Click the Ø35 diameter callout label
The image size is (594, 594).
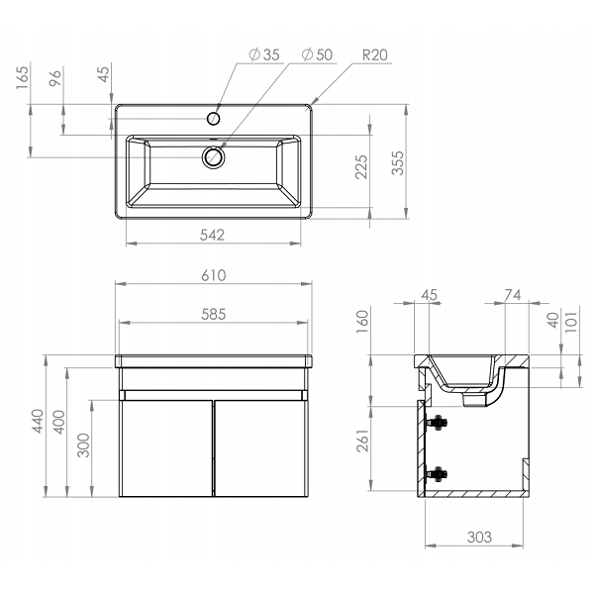[264, 54]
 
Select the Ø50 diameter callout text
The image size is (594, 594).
[317, 54]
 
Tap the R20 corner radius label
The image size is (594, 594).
[375, 55]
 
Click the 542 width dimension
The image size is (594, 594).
[212, 236]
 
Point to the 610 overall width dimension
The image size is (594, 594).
[214, 275]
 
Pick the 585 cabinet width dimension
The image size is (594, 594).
[213, 315]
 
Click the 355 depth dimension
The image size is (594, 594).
[398, 163]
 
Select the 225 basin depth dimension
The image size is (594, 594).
[361, 166]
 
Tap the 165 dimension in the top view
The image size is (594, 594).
[23, 78]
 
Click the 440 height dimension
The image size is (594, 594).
[38, 421]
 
